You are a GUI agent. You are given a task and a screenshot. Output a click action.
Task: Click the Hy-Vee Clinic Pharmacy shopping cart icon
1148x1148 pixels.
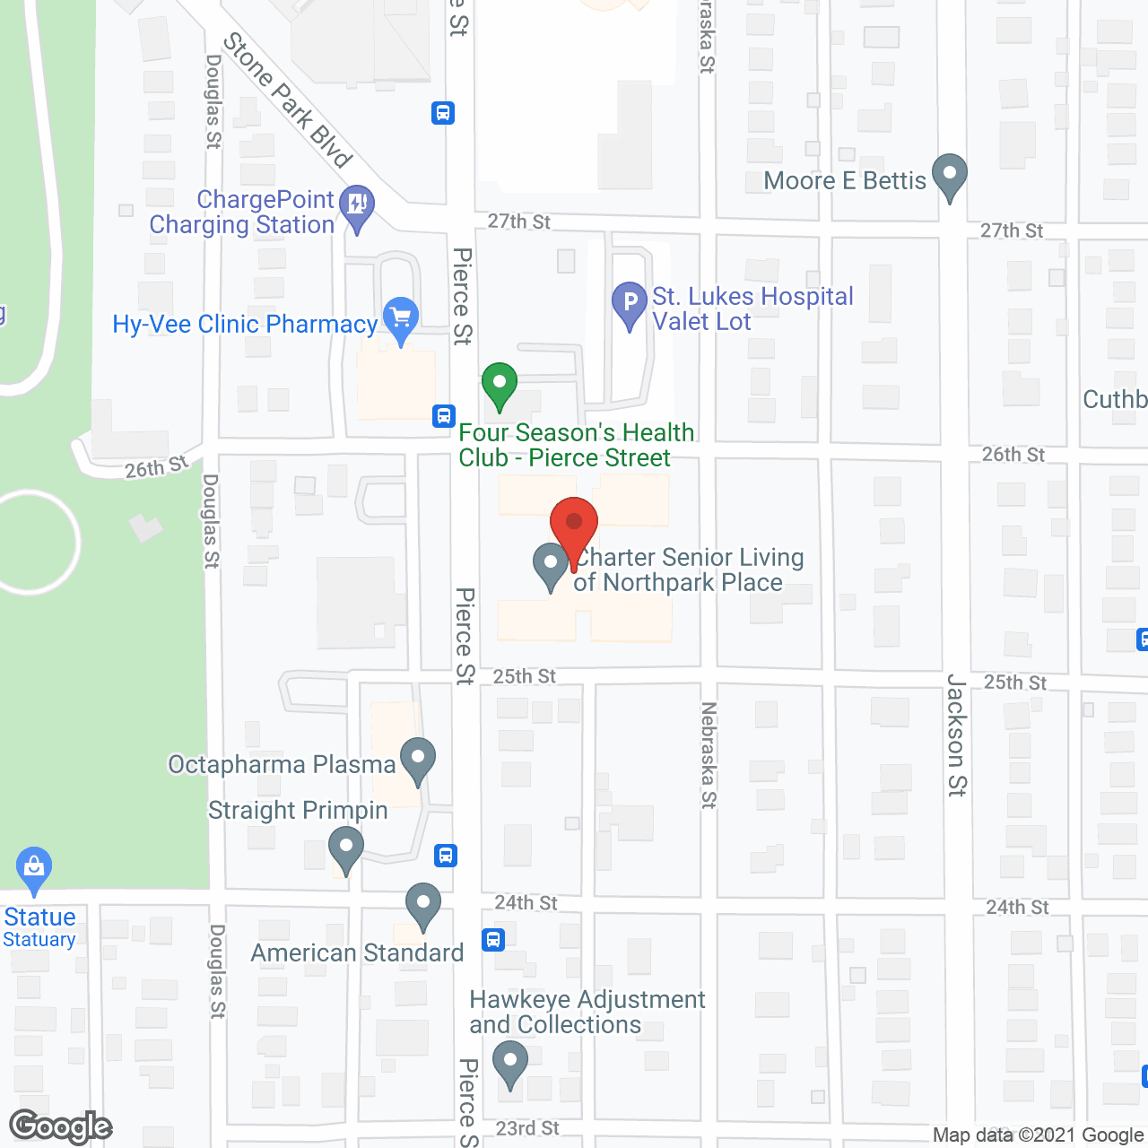tap(400, 319)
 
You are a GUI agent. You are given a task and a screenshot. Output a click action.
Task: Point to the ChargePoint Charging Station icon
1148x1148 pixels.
tap(357, 206)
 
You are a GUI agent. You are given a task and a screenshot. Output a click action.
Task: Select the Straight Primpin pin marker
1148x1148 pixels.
tap(345, 848)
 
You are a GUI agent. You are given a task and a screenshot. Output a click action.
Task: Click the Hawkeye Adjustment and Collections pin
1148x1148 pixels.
tap(510, 1062)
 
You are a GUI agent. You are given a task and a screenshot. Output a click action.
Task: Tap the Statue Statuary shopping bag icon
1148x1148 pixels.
tap(34, 868)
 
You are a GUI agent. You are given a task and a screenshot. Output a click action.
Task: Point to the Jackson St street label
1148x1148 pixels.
tap(957, 735)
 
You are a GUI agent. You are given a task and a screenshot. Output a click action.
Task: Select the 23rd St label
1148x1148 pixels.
tap(527, 1128)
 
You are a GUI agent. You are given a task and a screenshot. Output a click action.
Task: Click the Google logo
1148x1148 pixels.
tap(61, 1126)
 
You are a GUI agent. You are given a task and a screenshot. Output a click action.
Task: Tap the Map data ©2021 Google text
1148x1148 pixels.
tap(1039, 1135)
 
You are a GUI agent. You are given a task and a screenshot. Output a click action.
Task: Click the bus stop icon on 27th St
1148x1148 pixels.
tap(443, 113)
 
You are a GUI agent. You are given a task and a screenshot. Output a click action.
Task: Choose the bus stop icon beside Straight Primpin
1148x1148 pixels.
tap(446, 855)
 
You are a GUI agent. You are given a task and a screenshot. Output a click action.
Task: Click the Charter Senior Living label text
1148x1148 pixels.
tap(688, 570)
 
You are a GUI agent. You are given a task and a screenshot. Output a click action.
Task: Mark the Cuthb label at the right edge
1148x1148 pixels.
tap(1115, 399)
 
